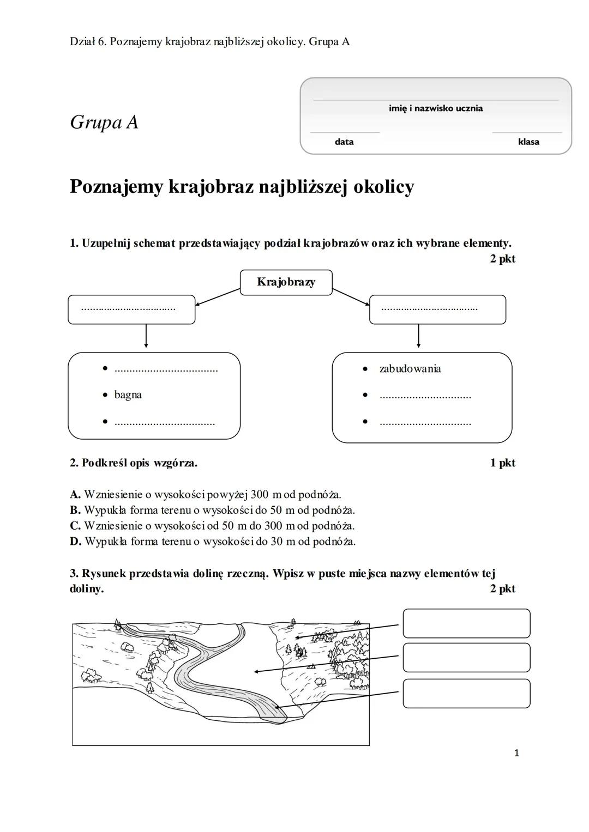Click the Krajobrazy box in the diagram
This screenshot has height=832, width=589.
click(286, 282)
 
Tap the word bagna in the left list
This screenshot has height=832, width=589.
click(128, 395)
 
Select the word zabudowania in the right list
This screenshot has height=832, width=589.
click(410, 369)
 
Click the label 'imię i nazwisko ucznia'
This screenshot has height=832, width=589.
click(435, 108)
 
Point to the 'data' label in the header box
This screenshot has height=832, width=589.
click(344, 142)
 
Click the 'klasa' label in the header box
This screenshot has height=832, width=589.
click(528, 142)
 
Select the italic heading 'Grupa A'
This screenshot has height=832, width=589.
click(104, 122)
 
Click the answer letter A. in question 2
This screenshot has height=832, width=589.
click(75, 495)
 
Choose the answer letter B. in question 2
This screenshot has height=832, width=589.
click(75, 511)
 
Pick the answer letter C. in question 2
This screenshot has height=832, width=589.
click(75, 526)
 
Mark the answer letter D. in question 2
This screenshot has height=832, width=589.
click(75, 542)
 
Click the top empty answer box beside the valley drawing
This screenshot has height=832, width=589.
click(466, 623)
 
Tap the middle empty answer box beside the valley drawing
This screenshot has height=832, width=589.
click(466, 658)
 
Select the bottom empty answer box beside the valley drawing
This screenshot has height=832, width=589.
click(466, 693)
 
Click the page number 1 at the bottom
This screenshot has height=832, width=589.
click(516, 754)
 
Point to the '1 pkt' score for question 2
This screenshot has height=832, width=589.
click(502, 463)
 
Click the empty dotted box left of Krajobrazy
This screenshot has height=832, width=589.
click(131, 309)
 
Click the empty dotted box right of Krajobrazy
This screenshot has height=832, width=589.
click(437, 309)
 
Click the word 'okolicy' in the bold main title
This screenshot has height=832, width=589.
click(383, 187)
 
